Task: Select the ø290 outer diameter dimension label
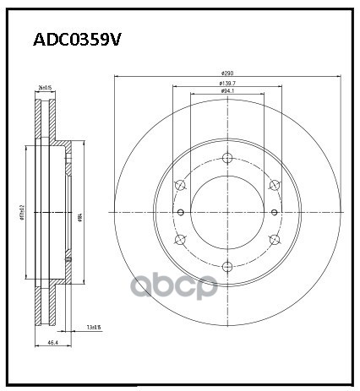coord(226,74)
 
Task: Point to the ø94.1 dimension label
coord(226,92)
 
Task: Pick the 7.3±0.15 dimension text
coord(93,326)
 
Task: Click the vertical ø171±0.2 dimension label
coord(26,215)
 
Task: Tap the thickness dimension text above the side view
coord(44,88)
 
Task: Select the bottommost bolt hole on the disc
coord(226,268)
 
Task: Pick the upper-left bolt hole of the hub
coord(178,186)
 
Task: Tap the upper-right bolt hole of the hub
coord(273,186)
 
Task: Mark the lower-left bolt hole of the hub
coord(178,240)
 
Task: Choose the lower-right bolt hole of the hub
coord(273,240)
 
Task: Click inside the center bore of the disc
coord(226,213)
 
